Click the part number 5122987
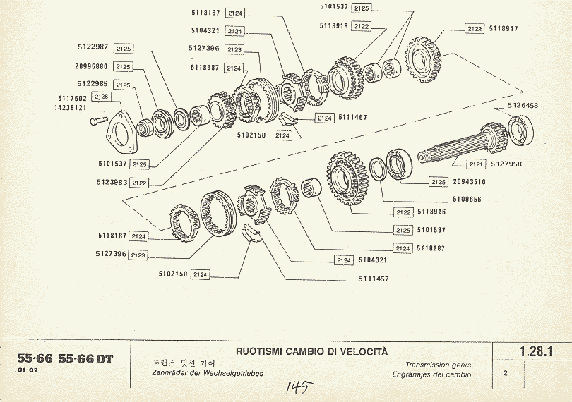[93, 47]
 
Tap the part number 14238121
[70, 108]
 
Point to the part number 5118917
[503, 29]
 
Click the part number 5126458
[523, 105]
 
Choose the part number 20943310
[469, 182]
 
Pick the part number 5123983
[113, 182]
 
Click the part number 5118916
[432, 212]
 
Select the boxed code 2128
[101, 97]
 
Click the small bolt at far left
[95, 122]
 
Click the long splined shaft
[459, 149]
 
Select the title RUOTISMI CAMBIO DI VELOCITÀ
[311, 351]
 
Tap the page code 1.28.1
[535, 351]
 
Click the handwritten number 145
[297, 386]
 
